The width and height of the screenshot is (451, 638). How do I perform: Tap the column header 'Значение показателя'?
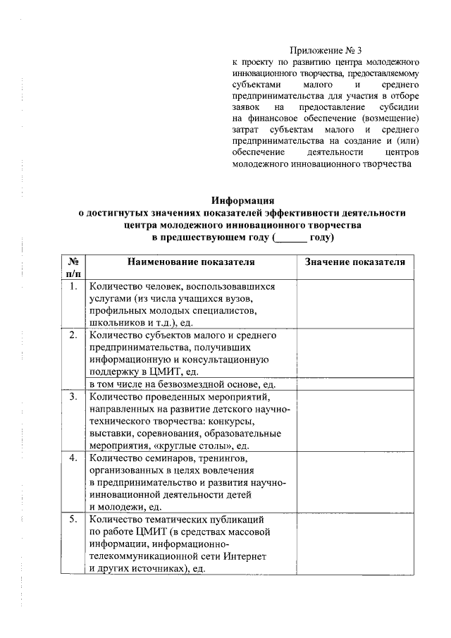tap(354, 262)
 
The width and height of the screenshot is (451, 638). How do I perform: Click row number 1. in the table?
tap(73, 287)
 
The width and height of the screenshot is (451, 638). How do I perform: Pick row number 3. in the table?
tap(73, 398)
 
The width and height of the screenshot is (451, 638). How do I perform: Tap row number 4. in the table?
tap(73, 458)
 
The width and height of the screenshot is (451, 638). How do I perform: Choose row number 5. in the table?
tap(73, 520)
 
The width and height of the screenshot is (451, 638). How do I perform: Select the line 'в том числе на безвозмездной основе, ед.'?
tap(182, 384)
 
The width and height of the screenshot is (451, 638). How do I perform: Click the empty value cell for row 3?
tap(354, 421)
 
